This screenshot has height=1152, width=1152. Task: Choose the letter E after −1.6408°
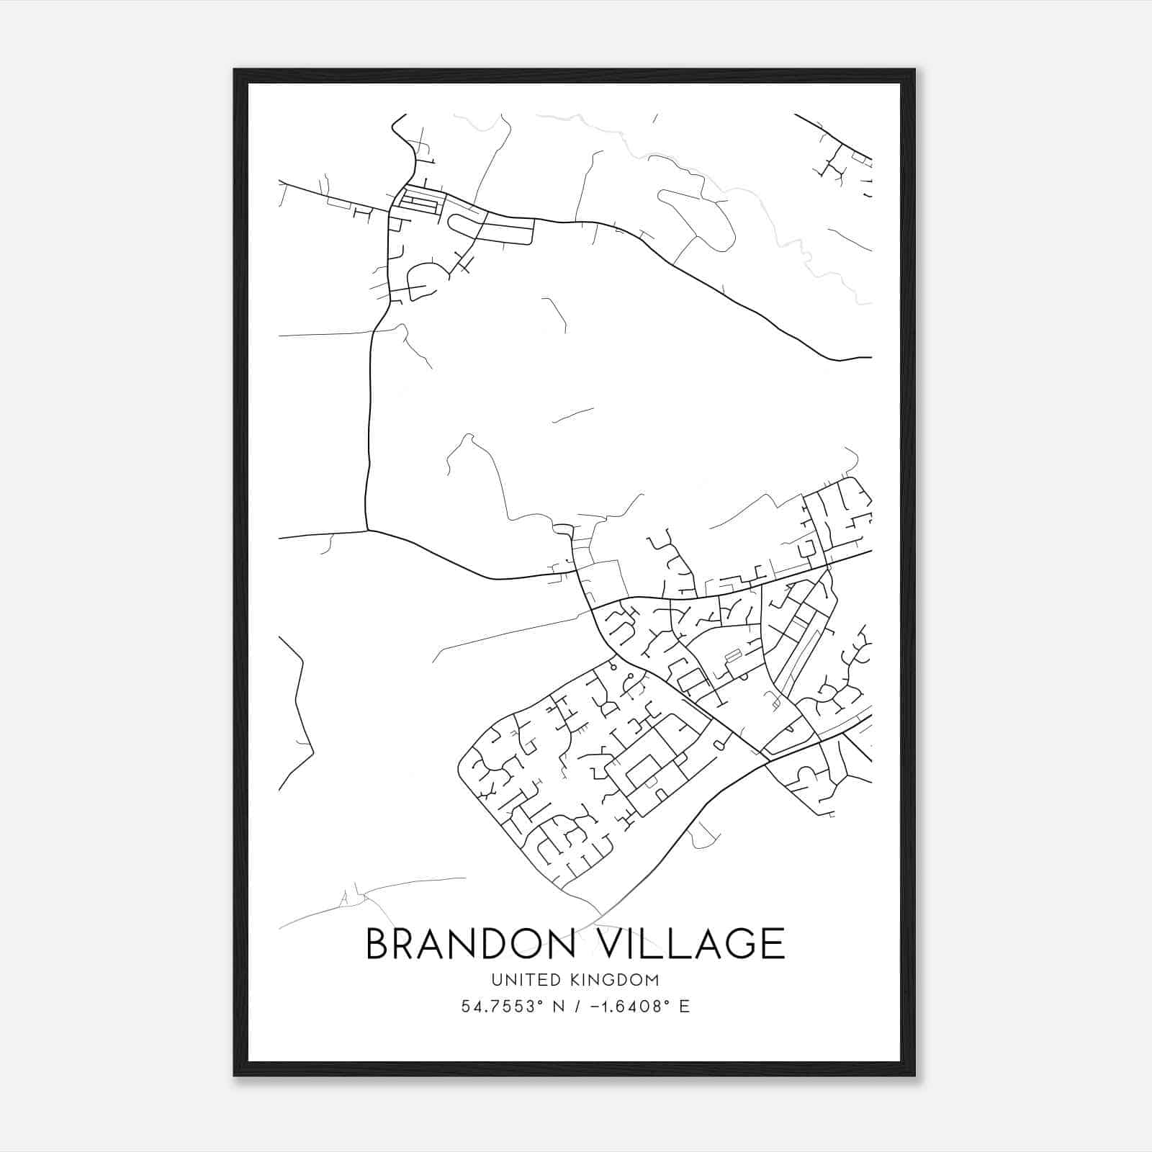(x=684, y=1007)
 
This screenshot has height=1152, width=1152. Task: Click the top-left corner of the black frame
(x=235, y=70)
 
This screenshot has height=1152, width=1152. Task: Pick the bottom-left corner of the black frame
(x=235, y=1075)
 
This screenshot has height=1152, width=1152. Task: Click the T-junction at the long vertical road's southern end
(x=368, y=531)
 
